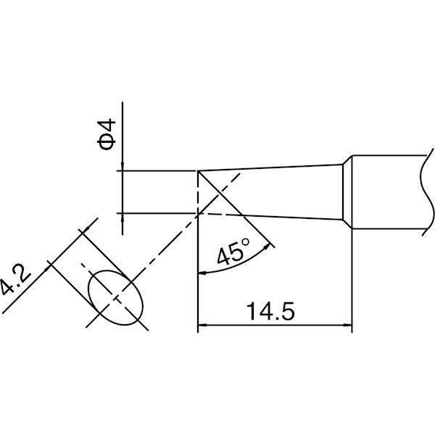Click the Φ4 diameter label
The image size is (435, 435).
point(107,134)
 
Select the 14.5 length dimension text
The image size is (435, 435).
point(270,311)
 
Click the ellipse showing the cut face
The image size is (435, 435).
point(115,297)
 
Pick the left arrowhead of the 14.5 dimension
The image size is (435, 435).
point(202,325)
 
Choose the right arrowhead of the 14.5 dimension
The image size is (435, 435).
point(348,325)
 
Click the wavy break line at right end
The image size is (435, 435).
point(427,192)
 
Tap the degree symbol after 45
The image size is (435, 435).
point(246,242)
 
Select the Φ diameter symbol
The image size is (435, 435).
point(107,143)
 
